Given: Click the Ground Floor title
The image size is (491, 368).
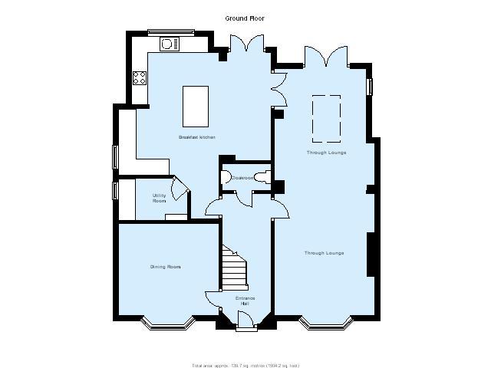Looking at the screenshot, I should [x=245, y=18].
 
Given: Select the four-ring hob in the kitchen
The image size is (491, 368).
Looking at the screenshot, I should [x=140, y=77].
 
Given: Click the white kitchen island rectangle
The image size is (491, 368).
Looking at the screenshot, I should [x=195, y=106].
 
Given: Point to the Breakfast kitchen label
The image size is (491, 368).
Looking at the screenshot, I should [x=196, y=137].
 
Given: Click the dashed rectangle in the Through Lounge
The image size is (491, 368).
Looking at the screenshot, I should [x=326, y=119].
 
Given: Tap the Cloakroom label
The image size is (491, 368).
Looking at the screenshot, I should [x=244, y=177].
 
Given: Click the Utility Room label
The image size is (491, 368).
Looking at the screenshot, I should [x=159, y=198].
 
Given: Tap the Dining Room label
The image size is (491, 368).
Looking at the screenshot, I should [x=165, y=267].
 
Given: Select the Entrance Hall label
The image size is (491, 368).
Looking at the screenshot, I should [x=245, y=300].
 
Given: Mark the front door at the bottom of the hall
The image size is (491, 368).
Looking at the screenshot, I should [x=245, y=325].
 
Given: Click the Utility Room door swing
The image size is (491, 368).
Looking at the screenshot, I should [x=180, y=189].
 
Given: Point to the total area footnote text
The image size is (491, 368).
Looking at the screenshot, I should [x=245, y=365].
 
